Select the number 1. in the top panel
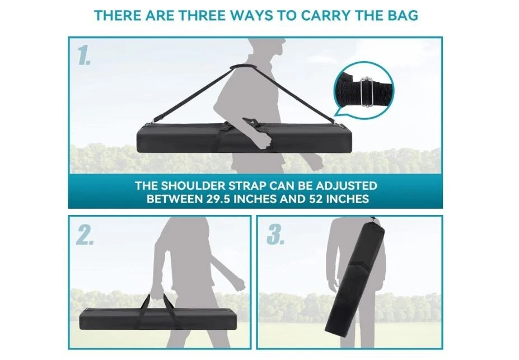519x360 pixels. [x=84, y=55]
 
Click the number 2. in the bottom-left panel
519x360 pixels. [x=85, y=235]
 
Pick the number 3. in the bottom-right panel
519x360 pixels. [x=275, y=235]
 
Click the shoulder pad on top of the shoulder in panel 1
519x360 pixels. [x=246, y=68]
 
